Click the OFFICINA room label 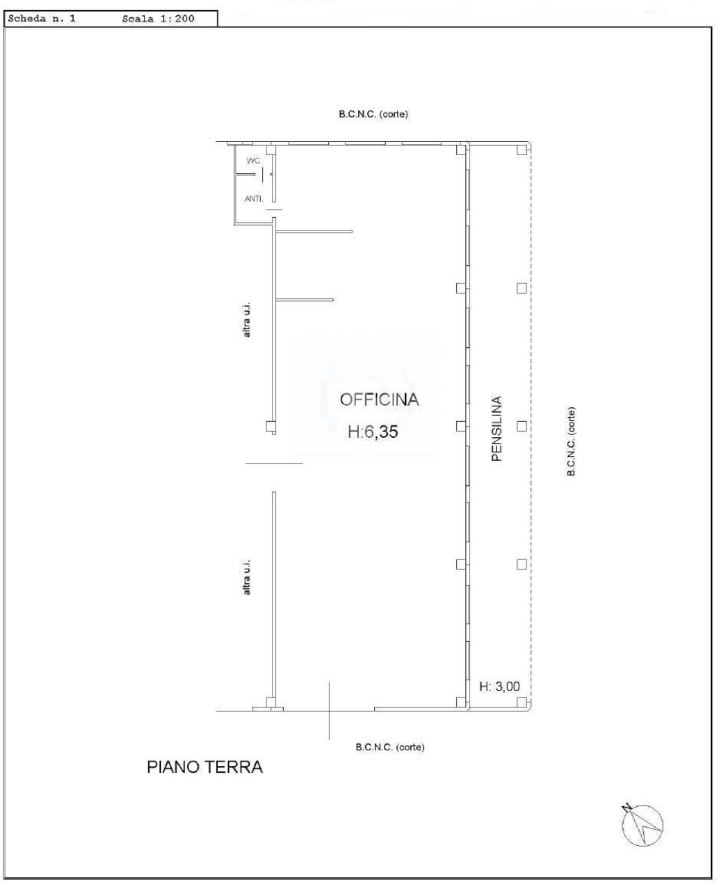[x=379, y=400]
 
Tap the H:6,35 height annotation [x=373, y=432]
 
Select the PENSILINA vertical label [x=497, y=429]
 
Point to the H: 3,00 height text [x=500, y=686]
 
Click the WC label [x=253, y=161]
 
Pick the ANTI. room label [x=254, y=199]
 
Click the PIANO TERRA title [x=205, y=767]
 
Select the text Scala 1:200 [x=158, y=18]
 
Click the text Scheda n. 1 [x=42, y=18]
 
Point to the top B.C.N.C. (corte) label [x=373, y=113]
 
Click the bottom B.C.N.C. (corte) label [x=390, y=747]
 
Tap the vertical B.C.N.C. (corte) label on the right [x=571, y=441]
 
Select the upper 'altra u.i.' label [x=246, y=321]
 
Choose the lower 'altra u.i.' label [x=246, y=577]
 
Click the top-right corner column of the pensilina [x=521, y=150]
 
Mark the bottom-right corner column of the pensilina [x=521, y=702]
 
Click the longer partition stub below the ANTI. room [x=314, y=231]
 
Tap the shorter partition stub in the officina [x=304, y=300]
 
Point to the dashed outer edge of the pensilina [x=531, y=426]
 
